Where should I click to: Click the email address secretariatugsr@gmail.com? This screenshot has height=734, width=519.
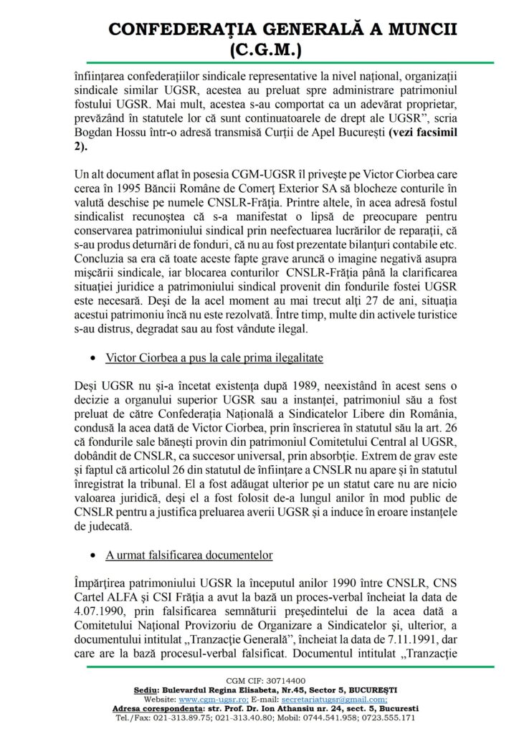coord(340,699)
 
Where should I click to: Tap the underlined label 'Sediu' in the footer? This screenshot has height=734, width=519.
coord(148,690)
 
